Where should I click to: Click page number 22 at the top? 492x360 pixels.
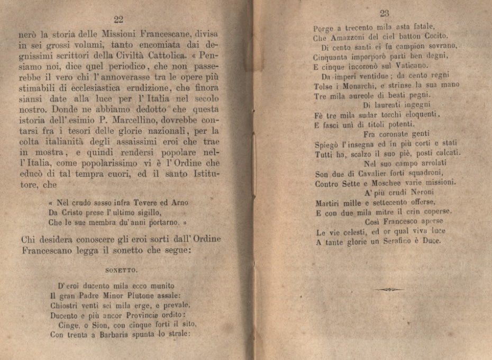pos(119,20)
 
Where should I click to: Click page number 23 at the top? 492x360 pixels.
pos(384,14)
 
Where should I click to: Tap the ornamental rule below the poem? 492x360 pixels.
pos(389,290)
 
